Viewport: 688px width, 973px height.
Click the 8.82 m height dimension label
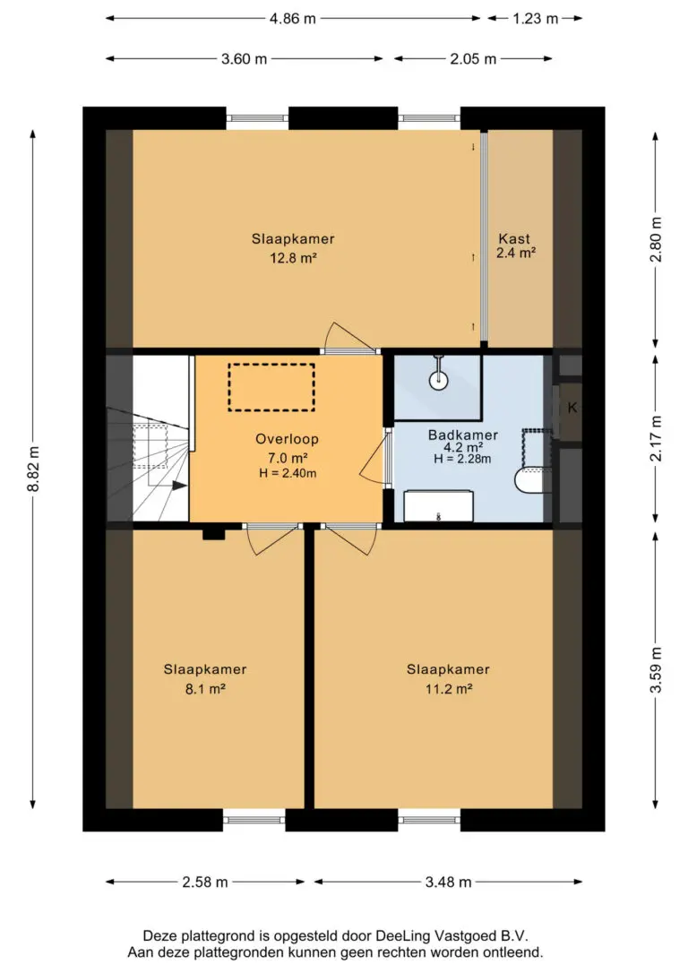point(35,469)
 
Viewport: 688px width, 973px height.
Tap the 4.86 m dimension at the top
point(292,19)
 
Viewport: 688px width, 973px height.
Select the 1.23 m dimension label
point(536,19)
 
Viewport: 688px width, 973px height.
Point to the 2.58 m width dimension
point(205,882)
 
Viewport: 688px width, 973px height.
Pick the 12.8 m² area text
point(293,257)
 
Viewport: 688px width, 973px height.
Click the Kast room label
point(514,238)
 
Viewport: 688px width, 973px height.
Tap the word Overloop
point(288,439)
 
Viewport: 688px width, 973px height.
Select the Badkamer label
point(463,435)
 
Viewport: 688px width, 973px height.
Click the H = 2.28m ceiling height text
point(462,460)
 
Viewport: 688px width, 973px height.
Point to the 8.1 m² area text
point(205,688)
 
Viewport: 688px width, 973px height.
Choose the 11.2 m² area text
point(449,688)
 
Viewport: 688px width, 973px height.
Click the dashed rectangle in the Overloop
point(271,365)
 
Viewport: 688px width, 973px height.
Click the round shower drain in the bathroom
point(439,381)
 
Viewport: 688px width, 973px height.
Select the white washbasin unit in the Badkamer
point(439,506)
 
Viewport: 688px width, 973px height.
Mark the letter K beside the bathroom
point(572,408)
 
